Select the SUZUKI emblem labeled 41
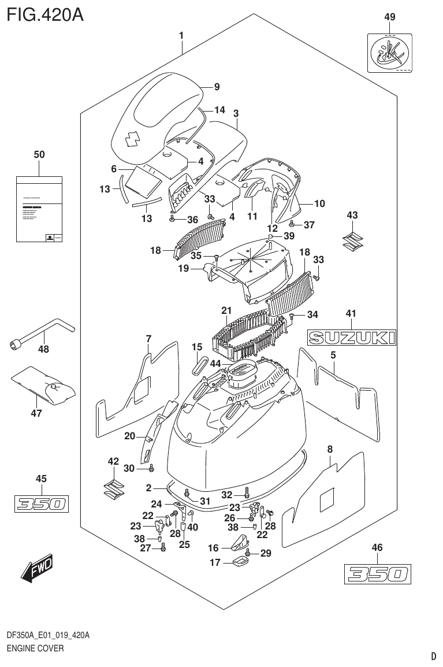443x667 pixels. [351, 337]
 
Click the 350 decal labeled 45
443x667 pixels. [41, 504]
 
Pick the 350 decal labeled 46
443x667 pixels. [377, 573]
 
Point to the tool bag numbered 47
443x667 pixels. [43, 386]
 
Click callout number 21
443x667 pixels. [226, 310]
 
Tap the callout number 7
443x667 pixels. [148, 338]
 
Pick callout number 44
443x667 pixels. [215, 363]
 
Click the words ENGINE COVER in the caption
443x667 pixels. [35, 649]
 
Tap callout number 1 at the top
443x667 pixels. [181, 36]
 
